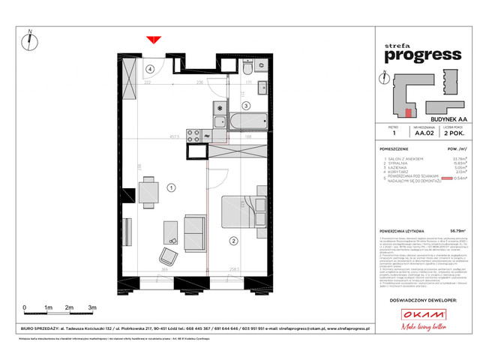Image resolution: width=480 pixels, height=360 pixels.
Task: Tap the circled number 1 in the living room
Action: point(171,187)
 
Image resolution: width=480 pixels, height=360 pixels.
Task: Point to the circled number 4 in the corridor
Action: point(150,69)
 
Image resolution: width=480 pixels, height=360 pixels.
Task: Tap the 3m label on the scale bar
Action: point(91,308)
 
